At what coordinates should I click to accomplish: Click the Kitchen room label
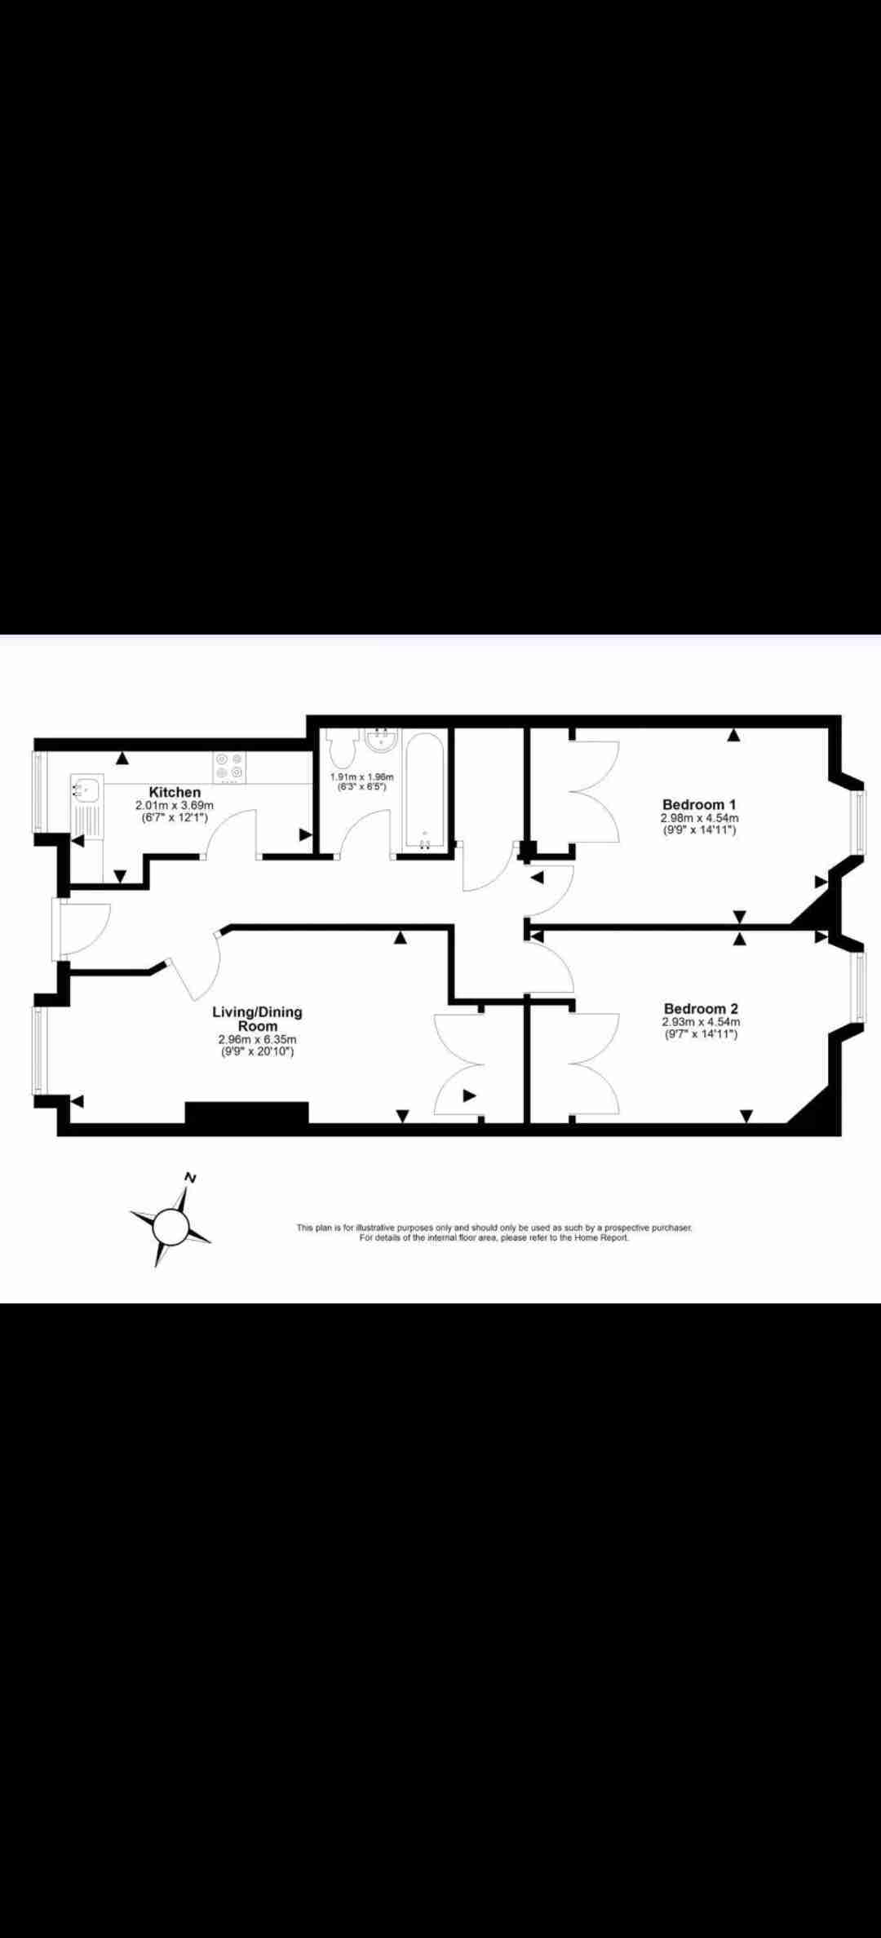[175, 792]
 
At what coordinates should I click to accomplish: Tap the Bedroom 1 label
[699, 804]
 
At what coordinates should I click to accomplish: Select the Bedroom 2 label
[701, 1009]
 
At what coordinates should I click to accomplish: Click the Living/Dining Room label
[257, 1019]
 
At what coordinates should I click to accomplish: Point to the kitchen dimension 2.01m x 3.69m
[175, 805]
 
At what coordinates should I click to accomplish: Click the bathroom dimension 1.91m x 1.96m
[361, 777]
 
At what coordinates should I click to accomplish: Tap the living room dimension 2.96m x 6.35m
[257, 1040]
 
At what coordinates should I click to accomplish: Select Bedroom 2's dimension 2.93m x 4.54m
[701, 1022]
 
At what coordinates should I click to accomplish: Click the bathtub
[425, 791]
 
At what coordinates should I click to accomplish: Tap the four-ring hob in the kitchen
[228, 767]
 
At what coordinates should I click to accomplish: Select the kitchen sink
[85, 790]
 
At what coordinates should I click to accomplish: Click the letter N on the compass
[191, 1178]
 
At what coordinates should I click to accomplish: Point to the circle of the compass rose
[170, 1225]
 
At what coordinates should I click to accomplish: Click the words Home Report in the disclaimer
[601, 1237]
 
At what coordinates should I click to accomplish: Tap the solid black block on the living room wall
[247, 1113]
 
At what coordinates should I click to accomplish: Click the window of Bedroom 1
[857, 822]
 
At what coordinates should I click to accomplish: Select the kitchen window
[37, 791]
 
